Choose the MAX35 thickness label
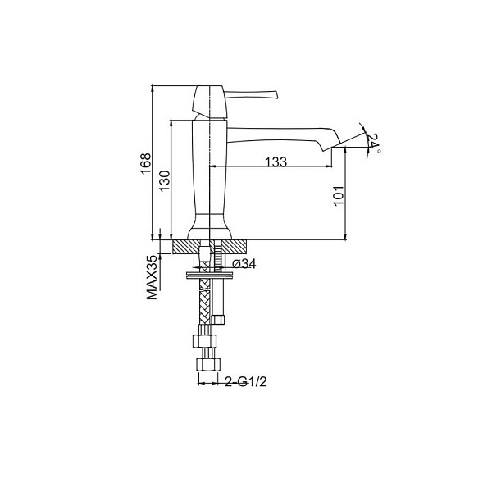click(153, 277)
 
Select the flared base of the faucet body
click(210, 230)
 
